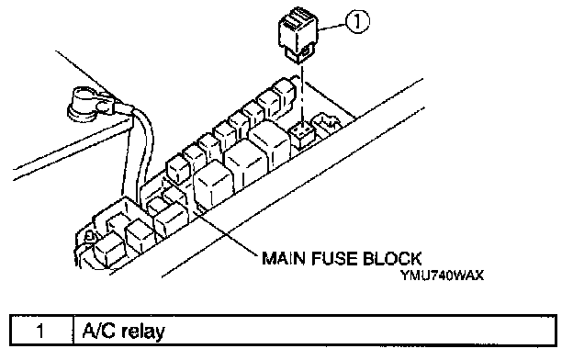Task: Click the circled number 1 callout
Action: click(x=356, y=21)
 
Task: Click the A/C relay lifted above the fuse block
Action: click(x=298, y=34)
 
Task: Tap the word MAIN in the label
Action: click(x=284, y=258)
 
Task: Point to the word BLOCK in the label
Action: click(x=392, y=258)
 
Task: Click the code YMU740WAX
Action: click(x=442, y=275)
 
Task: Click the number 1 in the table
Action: click(x=40, y=331)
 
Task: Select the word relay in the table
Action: click(x=143, y=332)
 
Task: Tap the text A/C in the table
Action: click(x=98, y=331)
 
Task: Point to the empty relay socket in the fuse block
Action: click(x=301, y=134)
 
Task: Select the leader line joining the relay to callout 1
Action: click(x=332, y=26)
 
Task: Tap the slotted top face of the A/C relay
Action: click(x=296, y=17)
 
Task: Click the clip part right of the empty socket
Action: click(x=326, y=124)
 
